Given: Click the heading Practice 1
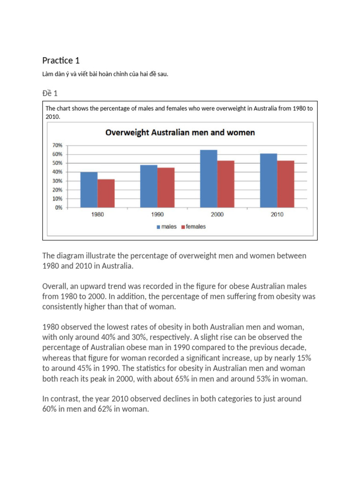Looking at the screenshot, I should pos(57,60).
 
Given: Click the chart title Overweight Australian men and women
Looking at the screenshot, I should pos(180,133).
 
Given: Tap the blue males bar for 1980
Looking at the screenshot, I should pos(89,190).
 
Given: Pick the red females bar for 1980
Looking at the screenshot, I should pos(106,193).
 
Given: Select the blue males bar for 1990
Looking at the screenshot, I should pos(149,186).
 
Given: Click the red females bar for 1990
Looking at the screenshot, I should pos(165,187).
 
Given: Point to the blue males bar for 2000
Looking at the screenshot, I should pos(209,179).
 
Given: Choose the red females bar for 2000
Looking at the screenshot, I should pos(225,184).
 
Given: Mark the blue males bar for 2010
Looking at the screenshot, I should pos(269,180).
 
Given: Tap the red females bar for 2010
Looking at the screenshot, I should pos(285,184).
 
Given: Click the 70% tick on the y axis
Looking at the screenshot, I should pos(57,145).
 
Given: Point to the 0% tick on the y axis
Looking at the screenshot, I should pos(59,208).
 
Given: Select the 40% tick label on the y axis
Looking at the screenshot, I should pos(57,172).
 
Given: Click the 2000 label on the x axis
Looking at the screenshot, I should pos(217,215).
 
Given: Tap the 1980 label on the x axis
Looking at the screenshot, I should pos(97,215).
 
